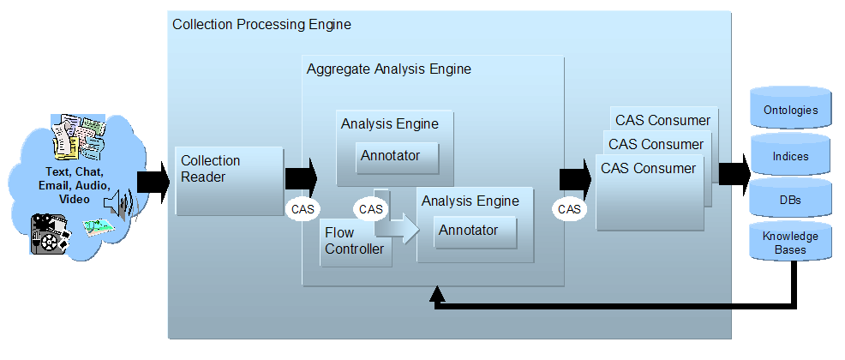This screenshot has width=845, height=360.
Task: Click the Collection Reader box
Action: [x=229, y=180]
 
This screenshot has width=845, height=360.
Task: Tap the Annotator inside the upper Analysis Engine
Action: [x=397, y=157]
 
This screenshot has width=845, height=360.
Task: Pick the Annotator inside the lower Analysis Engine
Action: [x=475, y=231]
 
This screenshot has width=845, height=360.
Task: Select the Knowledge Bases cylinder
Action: [x=790, y=243]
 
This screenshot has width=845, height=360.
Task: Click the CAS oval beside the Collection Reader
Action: [x=303, y=208]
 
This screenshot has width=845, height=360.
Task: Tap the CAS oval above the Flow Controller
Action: [x=371, y=208]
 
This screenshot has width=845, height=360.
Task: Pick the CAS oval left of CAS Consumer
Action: [x=569, y=208]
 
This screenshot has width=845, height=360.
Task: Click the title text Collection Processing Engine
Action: [x=261, y=25]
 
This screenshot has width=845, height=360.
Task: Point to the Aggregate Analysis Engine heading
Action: [x=388, y=69]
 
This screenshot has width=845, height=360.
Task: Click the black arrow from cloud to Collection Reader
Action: [x=153, y=181]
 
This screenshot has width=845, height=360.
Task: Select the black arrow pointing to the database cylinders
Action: [x=734, y=173]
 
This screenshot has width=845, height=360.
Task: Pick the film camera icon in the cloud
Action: [x=49, y=231]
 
